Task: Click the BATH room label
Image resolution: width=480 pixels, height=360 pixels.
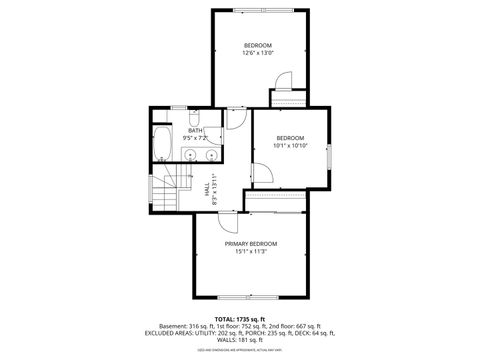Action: click(x=193, y=130)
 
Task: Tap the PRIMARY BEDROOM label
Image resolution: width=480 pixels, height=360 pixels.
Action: click(x=250, y=244)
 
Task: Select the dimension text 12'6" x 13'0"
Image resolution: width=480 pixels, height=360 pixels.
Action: click(x=258, y=54)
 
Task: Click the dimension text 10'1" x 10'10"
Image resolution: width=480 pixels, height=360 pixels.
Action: click(x=290, y=145)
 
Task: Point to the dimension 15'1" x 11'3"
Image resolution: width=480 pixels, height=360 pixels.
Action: click(x=250, y=251)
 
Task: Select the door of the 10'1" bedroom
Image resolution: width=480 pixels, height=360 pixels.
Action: click(x=261, y=175)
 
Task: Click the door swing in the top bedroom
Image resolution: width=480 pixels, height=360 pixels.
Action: click(x=282, y=80)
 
